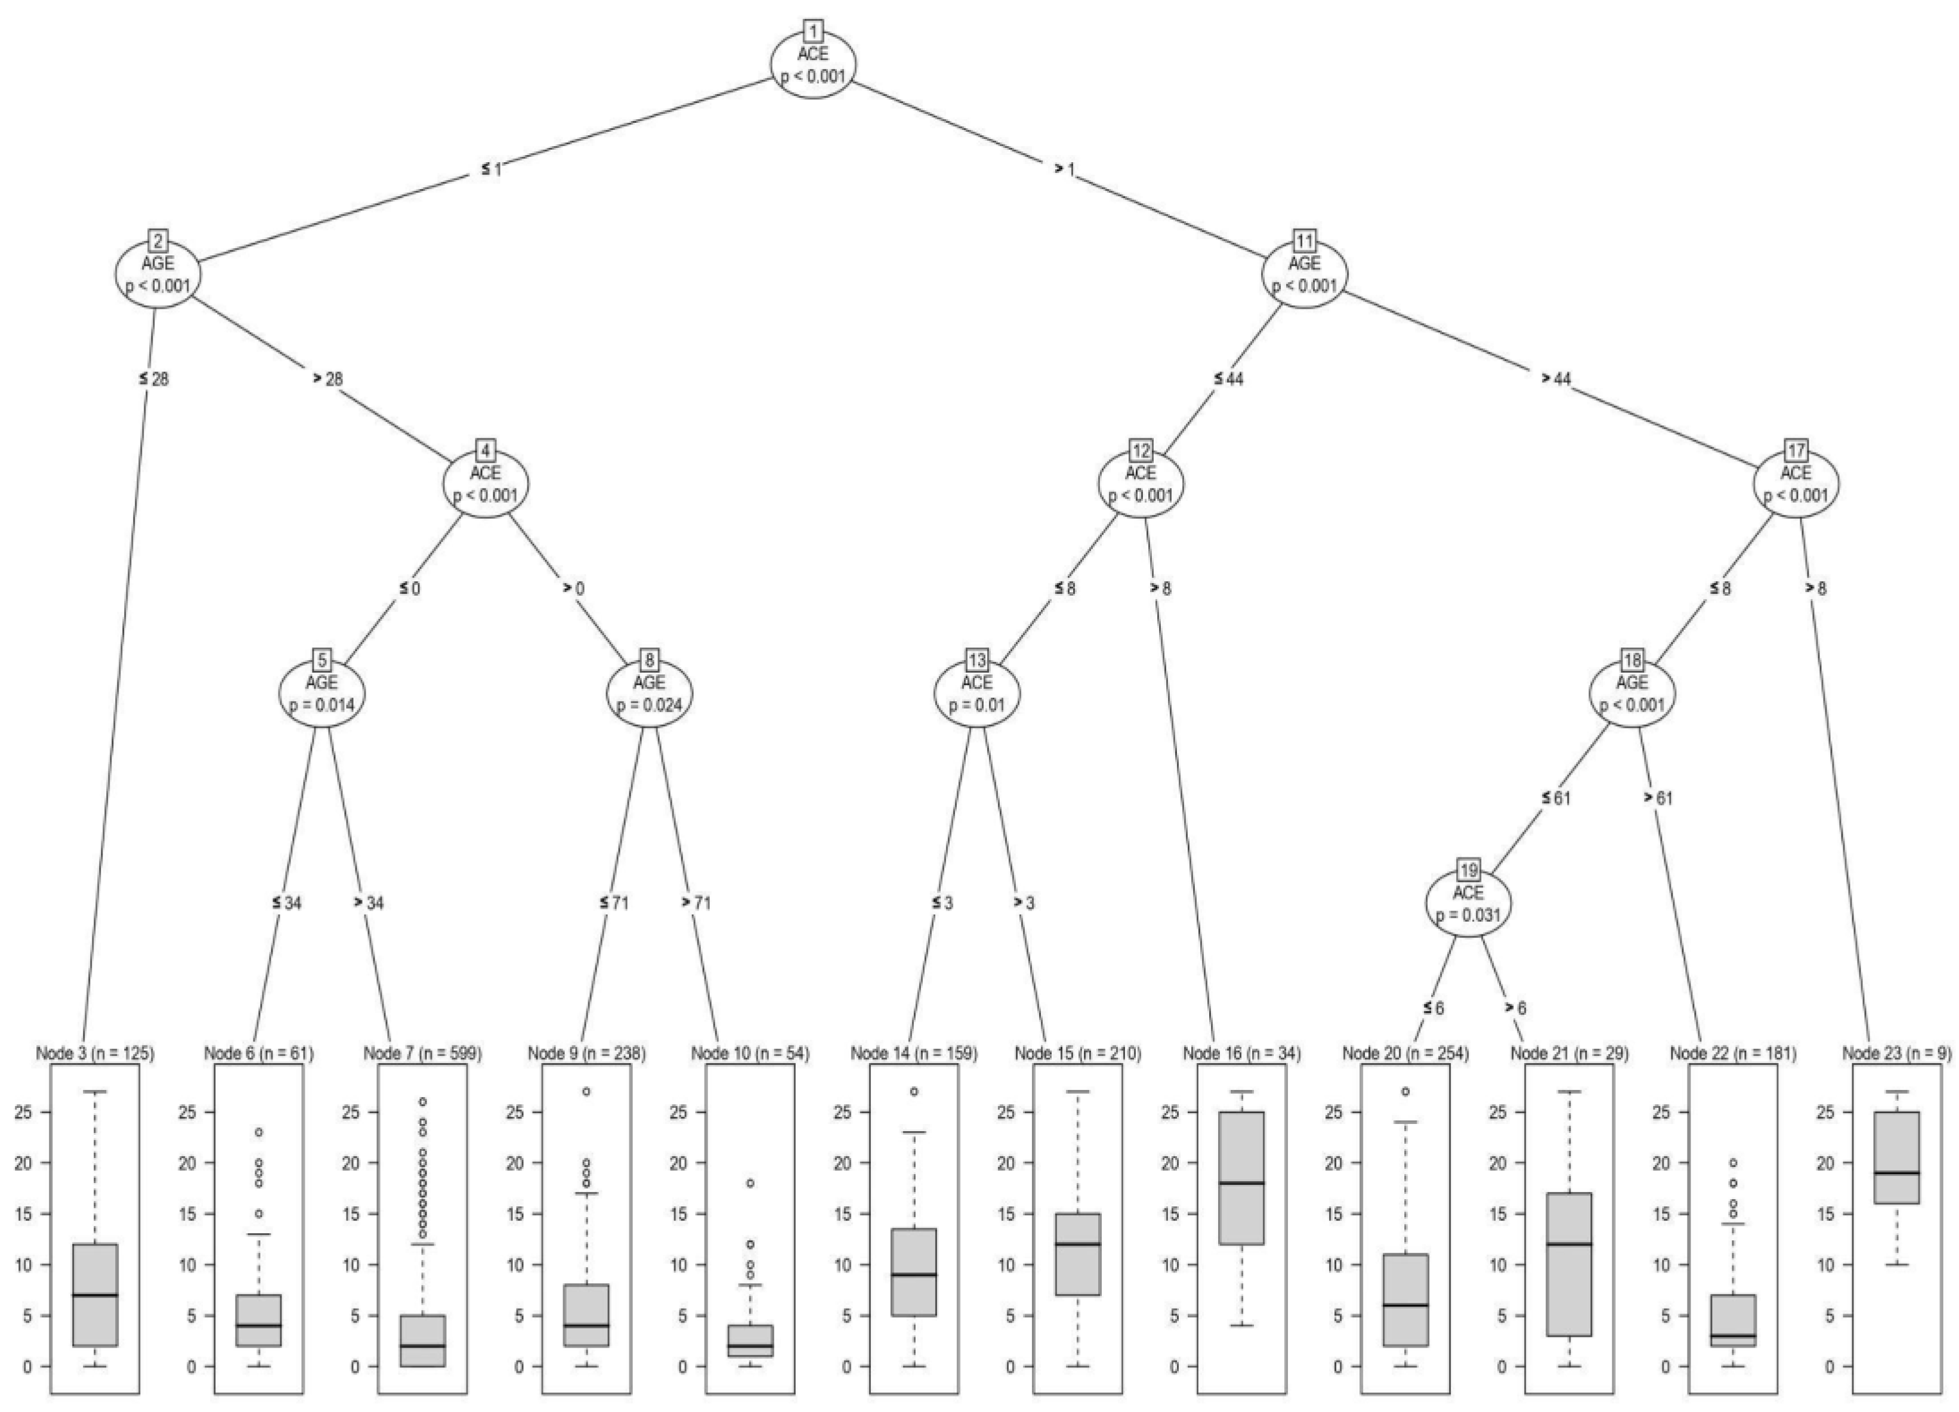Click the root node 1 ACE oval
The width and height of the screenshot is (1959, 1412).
(814, 65)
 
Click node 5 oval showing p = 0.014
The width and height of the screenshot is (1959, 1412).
(322, 693)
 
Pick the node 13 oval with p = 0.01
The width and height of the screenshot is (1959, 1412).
(976, 693)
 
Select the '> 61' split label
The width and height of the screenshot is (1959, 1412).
(1658, 798)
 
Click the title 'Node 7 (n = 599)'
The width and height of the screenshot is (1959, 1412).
(422, 1054)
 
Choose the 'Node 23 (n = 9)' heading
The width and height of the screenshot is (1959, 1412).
(1896, 1054)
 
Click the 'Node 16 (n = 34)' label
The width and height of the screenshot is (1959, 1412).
(1241, 1054)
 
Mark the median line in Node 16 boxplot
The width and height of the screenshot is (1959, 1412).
(1241, 1183)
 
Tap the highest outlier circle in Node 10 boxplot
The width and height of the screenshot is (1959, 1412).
(750, 1183)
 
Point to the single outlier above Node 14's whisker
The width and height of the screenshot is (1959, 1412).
(914, 1092)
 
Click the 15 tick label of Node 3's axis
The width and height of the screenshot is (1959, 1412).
(23, 1214)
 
